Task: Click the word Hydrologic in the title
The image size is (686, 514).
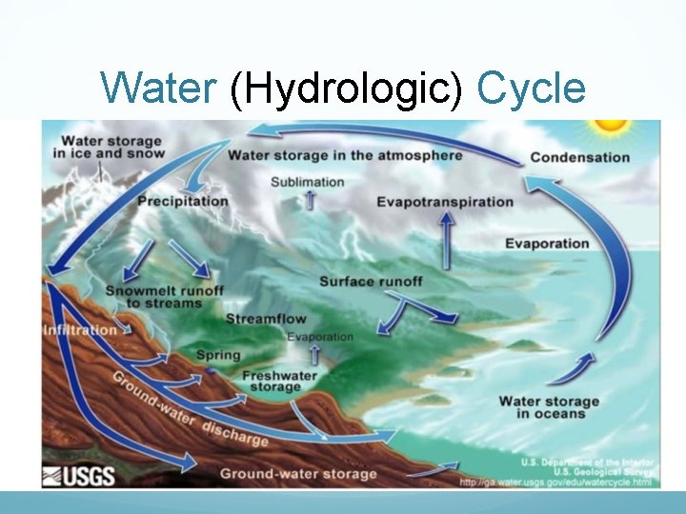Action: [x=345, y=89]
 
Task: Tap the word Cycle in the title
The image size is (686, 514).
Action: [x=531, y=89]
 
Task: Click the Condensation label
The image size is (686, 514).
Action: [x=579, y=157]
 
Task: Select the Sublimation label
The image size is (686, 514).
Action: [x=308, y=181]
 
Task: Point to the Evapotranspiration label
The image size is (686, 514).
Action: [x=445, y=202]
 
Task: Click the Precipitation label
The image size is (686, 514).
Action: [x=183, y=201]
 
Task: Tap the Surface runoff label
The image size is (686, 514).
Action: [x=371, y=281]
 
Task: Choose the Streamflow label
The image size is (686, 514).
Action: [x=266, y=319]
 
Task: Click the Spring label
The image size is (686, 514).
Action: [x=218, y=355]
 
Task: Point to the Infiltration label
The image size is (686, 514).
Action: [x=80, y=330]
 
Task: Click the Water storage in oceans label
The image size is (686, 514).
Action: [x=549, y=407]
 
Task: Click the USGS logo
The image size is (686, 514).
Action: [x=79, y=475]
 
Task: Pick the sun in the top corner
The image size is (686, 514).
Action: [x=608, y=126]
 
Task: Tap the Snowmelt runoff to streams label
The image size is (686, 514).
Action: [x=165, y=296]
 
